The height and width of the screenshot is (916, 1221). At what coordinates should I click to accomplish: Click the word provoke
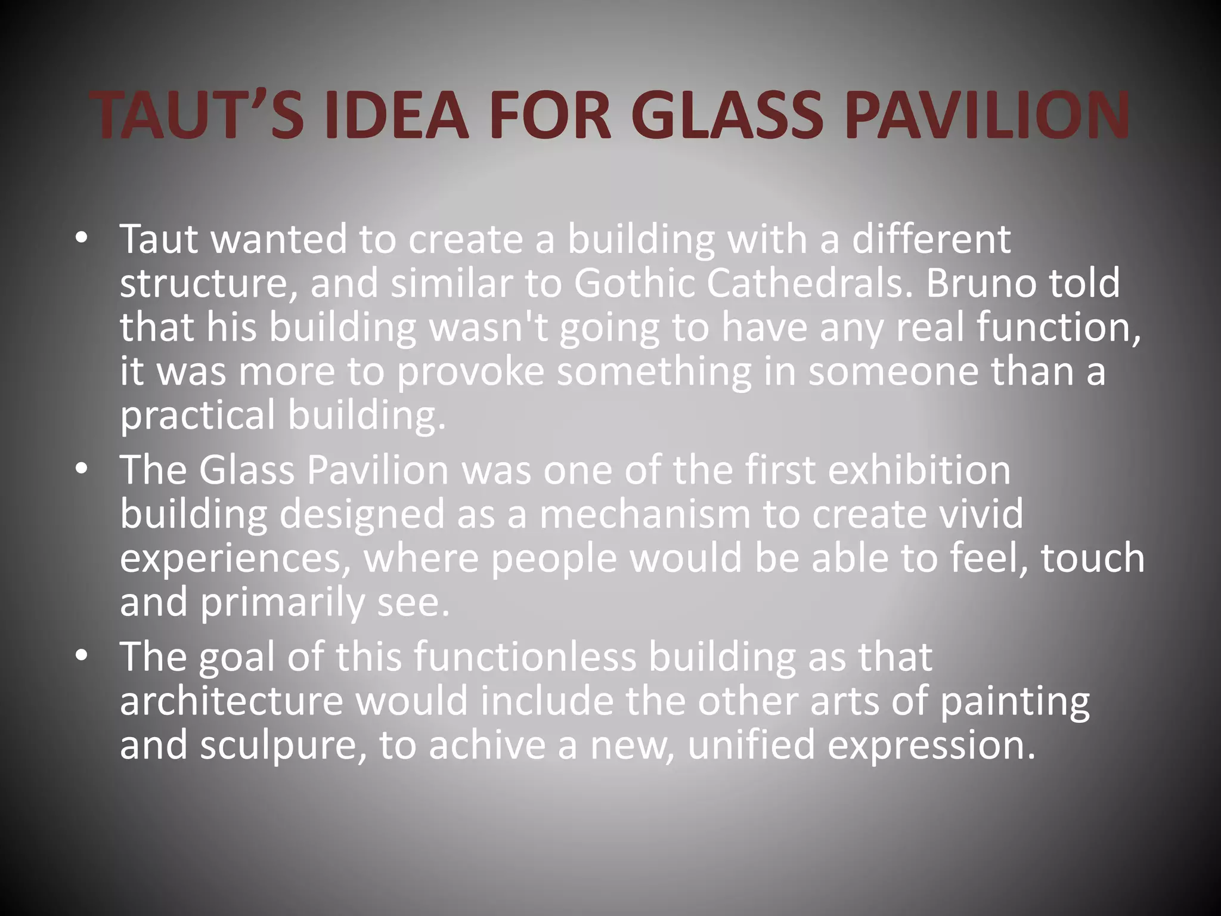470,372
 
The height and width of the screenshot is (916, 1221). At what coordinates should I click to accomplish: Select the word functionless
525,657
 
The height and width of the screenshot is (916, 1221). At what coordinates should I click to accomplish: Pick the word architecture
231,701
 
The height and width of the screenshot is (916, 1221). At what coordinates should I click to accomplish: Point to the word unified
751,745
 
